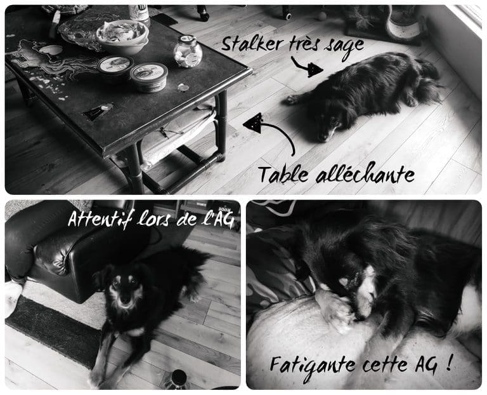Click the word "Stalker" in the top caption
tap(252, 44)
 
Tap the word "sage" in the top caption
tap(344, 46)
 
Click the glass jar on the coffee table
tap(188, 51)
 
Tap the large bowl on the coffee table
tap(122, 37)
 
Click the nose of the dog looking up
tap(125, 300)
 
